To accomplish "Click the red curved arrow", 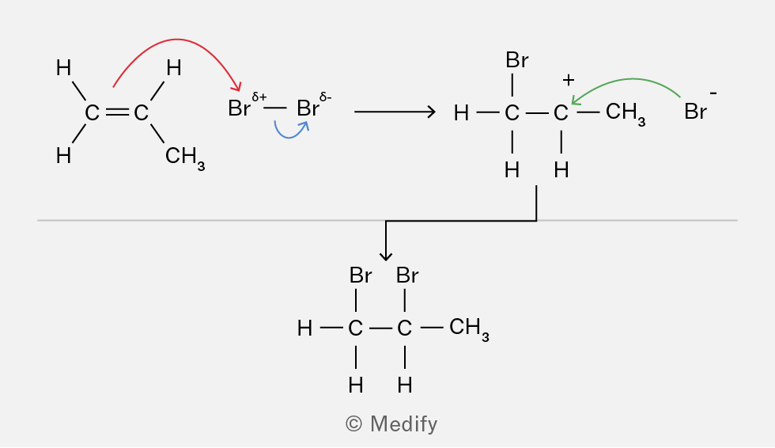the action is pos(176,39).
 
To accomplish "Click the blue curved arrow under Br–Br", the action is pos(291,136).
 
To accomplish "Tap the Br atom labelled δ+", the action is pos(239,108).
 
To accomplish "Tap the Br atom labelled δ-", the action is pos(308,108).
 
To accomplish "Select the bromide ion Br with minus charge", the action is pos(695,112).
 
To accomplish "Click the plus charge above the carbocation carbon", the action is pos(569,80).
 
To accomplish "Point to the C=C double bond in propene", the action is pos(117,112).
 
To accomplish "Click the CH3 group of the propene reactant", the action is pos(185,158).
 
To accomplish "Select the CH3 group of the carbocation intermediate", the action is pos(626,114).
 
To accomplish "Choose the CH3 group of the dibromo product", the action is pos(469,328).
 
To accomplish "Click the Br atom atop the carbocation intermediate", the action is pos(517,60).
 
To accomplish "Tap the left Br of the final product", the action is pos(361,275).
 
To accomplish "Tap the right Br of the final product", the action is pos(407,275).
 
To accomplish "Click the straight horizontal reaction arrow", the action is pos(395,112).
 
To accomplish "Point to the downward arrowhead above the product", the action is pos(386,256).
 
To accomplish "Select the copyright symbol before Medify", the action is pos(354,423).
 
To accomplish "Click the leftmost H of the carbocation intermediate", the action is pos(460,113).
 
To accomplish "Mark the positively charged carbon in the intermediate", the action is pos(561,113).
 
